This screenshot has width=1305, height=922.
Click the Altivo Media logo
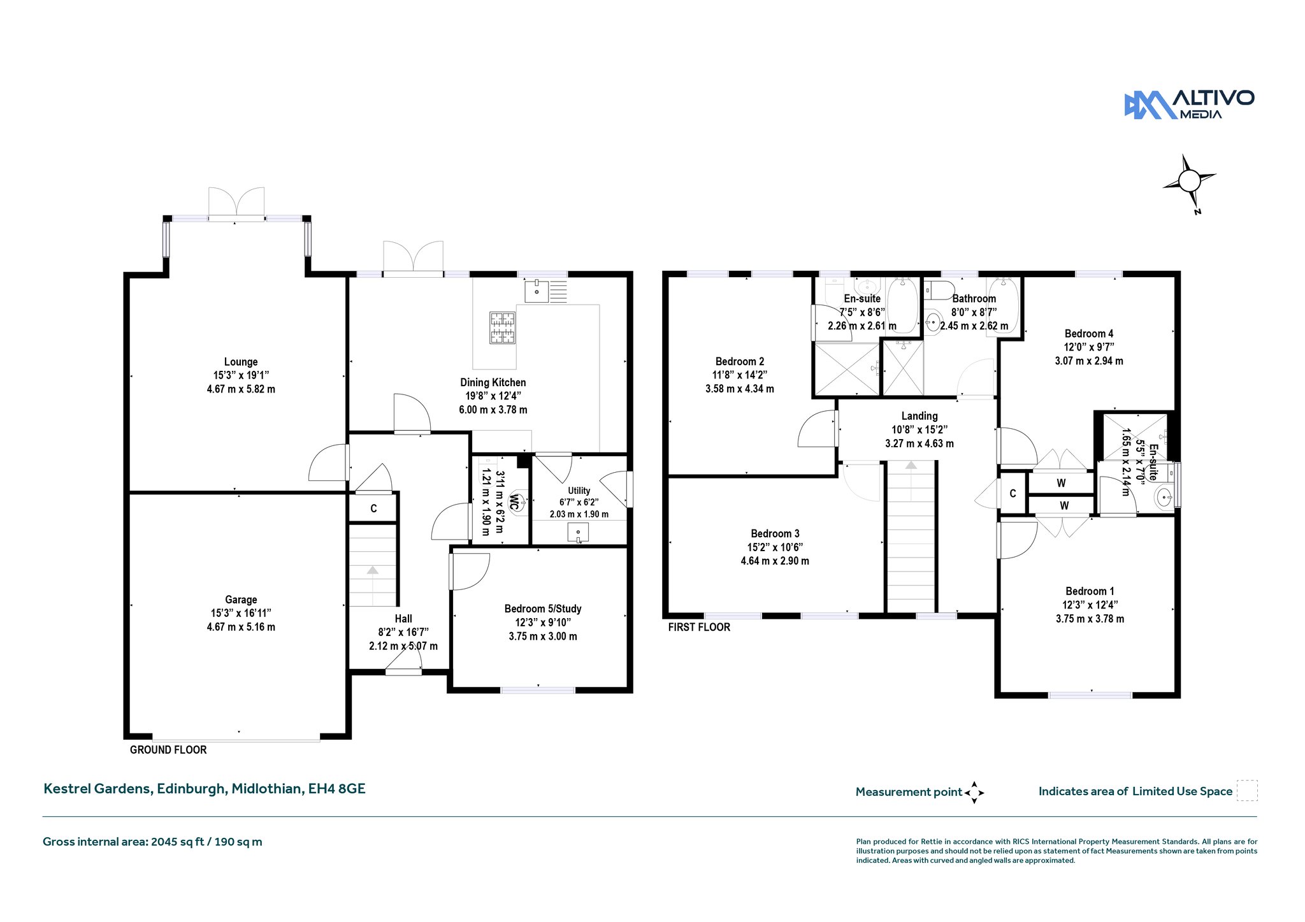1189,105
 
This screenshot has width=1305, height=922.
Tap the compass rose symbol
1189,182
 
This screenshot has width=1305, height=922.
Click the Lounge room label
241,362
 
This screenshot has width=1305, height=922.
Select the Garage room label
241,600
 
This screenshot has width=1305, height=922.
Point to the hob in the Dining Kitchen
502,328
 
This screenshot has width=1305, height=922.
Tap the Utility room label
579,491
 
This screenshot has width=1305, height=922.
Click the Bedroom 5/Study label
543,609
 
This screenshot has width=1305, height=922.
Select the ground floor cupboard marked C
373,508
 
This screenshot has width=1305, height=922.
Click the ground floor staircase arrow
372,571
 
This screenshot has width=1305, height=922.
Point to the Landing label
919,416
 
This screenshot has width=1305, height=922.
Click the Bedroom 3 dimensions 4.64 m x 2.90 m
775,561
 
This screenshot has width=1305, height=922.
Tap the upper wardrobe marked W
1061,483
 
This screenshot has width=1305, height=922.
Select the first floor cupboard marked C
1013,494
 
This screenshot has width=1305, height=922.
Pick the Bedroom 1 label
1090,591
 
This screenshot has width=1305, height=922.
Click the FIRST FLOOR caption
699,628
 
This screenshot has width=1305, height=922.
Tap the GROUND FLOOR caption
168,750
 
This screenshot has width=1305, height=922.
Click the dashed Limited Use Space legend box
1247,790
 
